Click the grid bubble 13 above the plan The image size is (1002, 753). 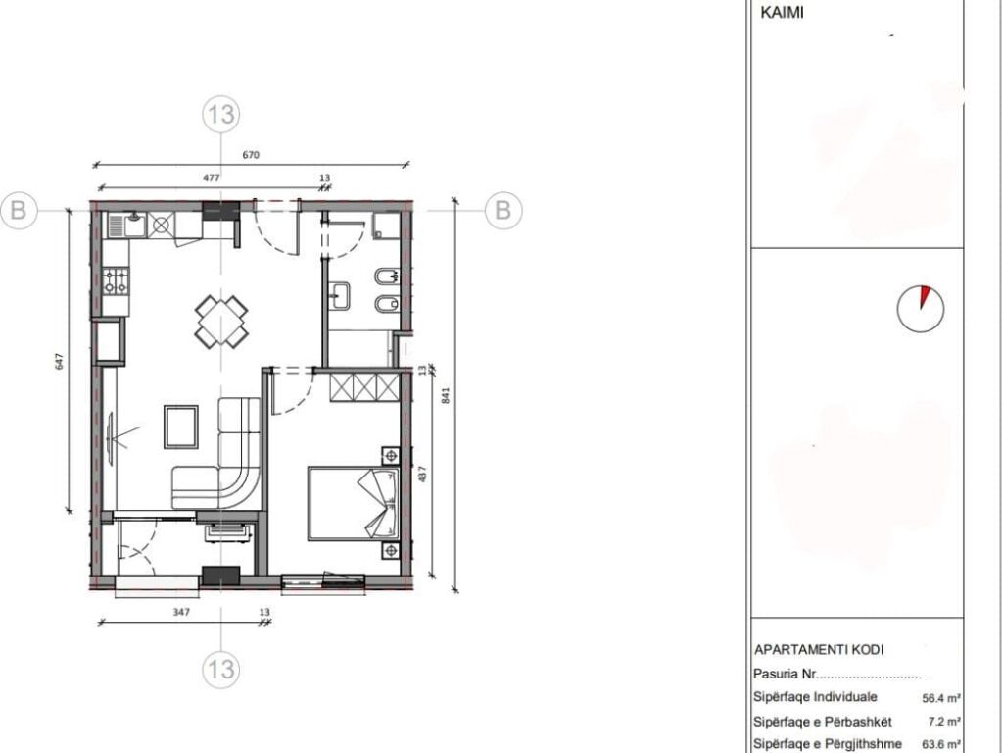pyautogui.click(x=221, y=115)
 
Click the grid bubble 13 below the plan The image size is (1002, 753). pyautogui.click(x=221, y=670)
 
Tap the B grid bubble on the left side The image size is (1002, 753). pyautogui.click(x=19, y=210)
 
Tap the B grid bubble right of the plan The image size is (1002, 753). pyautogui.click(x=503, y=210)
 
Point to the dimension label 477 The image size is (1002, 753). pyautogui.click(x=211, y=177)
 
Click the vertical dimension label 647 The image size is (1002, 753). pyautogui.click(x=60, y=360)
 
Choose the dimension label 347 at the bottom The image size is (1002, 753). pyautogui.click(x=179, y=612)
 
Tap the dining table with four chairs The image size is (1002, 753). pyautogui.click(x=220, y=322)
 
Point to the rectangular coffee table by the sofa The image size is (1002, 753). pyautogui.click(x=181, y=426)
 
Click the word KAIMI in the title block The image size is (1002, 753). pyautogui.click(x=782, y=14)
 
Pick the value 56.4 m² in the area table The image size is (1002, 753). pyautogui.click(x=940, y=698)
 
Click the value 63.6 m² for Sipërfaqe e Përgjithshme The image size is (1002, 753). pyautogui.click(x=940, y=744)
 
